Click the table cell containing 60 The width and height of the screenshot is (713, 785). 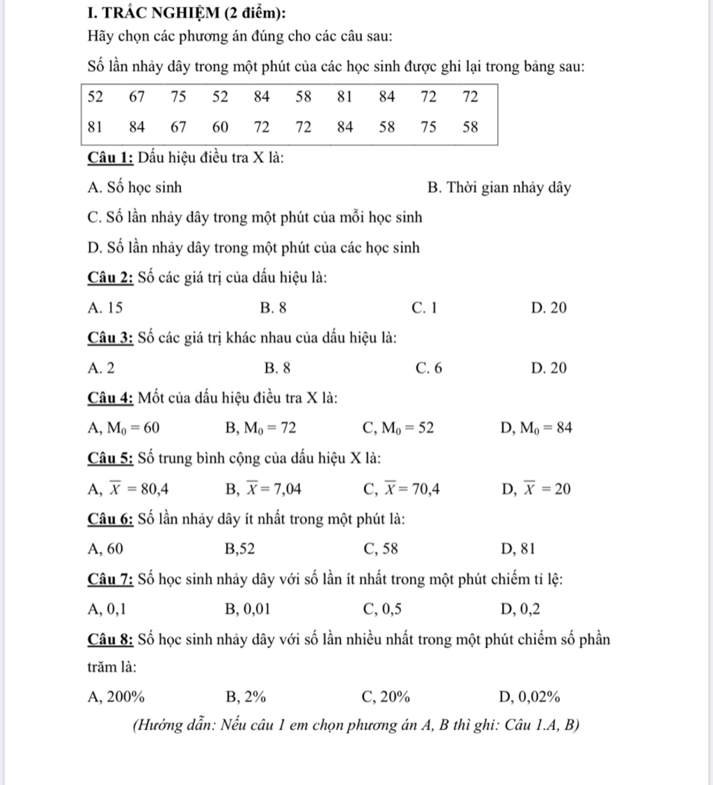tap(220, 127)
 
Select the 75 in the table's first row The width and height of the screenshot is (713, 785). tap(179, 97)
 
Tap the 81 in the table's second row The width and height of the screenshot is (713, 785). tap(95, 127)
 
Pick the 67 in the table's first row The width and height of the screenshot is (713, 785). tap(137, 97)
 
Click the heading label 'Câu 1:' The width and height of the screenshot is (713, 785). tap(111, 157)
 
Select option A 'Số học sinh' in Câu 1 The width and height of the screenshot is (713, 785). tap(135, 187)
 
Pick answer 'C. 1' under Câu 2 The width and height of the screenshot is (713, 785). tap(424, 307)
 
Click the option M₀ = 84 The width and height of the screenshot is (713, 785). tap(535, 428)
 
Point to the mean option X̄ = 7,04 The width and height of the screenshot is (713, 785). tap(264, 489)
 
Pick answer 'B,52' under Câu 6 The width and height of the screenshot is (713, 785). tap(240, 549)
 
